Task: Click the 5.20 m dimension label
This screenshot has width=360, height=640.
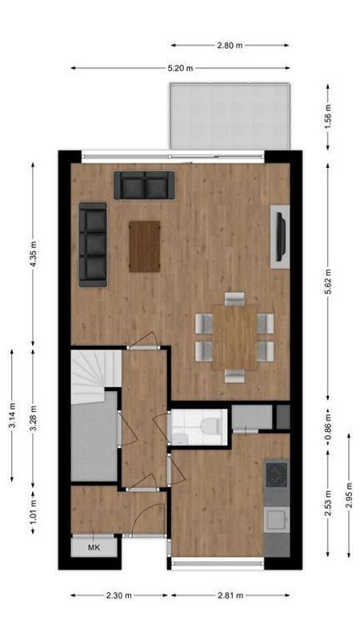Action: point(180,68)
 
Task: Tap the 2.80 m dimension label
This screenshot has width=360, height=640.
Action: point(230,46)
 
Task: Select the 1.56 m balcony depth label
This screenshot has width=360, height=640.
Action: point(327,117)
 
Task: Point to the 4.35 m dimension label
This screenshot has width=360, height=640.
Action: point(33,254)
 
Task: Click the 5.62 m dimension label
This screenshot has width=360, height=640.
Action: point(327,282)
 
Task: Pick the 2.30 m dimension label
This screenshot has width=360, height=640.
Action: point(118,595)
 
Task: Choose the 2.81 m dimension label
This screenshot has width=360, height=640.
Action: point(230,595)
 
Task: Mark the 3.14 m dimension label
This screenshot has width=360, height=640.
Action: point(12,415)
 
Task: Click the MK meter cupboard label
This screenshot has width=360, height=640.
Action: point(94,548)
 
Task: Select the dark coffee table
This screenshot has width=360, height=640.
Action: point(145,246)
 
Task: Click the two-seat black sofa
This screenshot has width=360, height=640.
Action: point(144,186)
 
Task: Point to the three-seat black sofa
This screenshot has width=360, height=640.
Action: point(93,245)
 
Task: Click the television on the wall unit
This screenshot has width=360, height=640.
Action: point(281,237)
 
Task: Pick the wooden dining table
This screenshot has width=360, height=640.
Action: point(234,337)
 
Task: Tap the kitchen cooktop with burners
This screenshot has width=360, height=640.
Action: point(276,474)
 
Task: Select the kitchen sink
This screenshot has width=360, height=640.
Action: point(276,519)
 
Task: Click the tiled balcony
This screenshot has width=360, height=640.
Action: point(230,116)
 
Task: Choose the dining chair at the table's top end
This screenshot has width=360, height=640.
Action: point(234,298)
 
